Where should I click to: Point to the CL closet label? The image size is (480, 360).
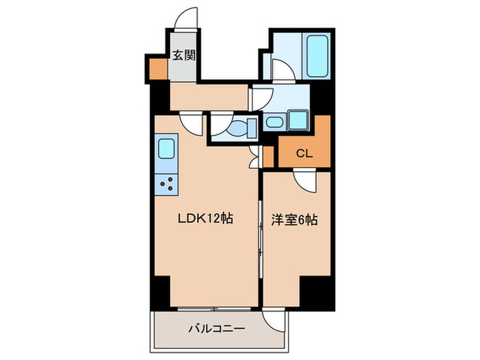(304, 154)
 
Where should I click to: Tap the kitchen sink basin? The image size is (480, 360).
(167, 148)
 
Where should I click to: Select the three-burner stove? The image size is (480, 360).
(167, 182)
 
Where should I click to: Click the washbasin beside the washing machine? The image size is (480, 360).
(274, 123)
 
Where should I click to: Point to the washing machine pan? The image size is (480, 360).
(298, 119)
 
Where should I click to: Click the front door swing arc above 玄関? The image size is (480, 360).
(184, 19)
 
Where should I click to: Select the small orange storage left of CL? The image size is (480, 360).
(268, 155)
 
